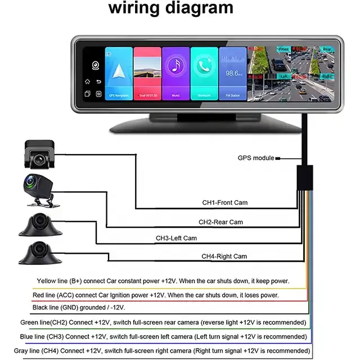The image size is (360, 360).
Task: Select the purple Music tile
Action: pos(175,73)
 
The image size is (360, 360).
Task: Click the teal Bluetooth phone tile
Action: pos(204,73)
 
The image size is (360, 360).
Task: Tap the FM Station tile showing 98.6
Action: pos(232,73)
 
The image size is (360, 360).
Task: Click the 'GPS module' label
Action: pos(256,158)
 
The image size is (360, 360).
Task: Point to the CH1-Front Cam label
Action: pos(225,202)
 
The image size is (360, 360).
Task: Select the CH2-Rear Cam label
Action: pos(220,222)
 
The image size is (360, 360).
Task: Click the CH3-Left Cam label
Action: pos(176,238)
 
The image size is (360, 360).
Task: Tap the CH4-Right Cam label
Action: pos(224,256)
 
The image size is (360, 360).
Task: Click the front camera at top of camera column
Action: pos(39,154)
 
